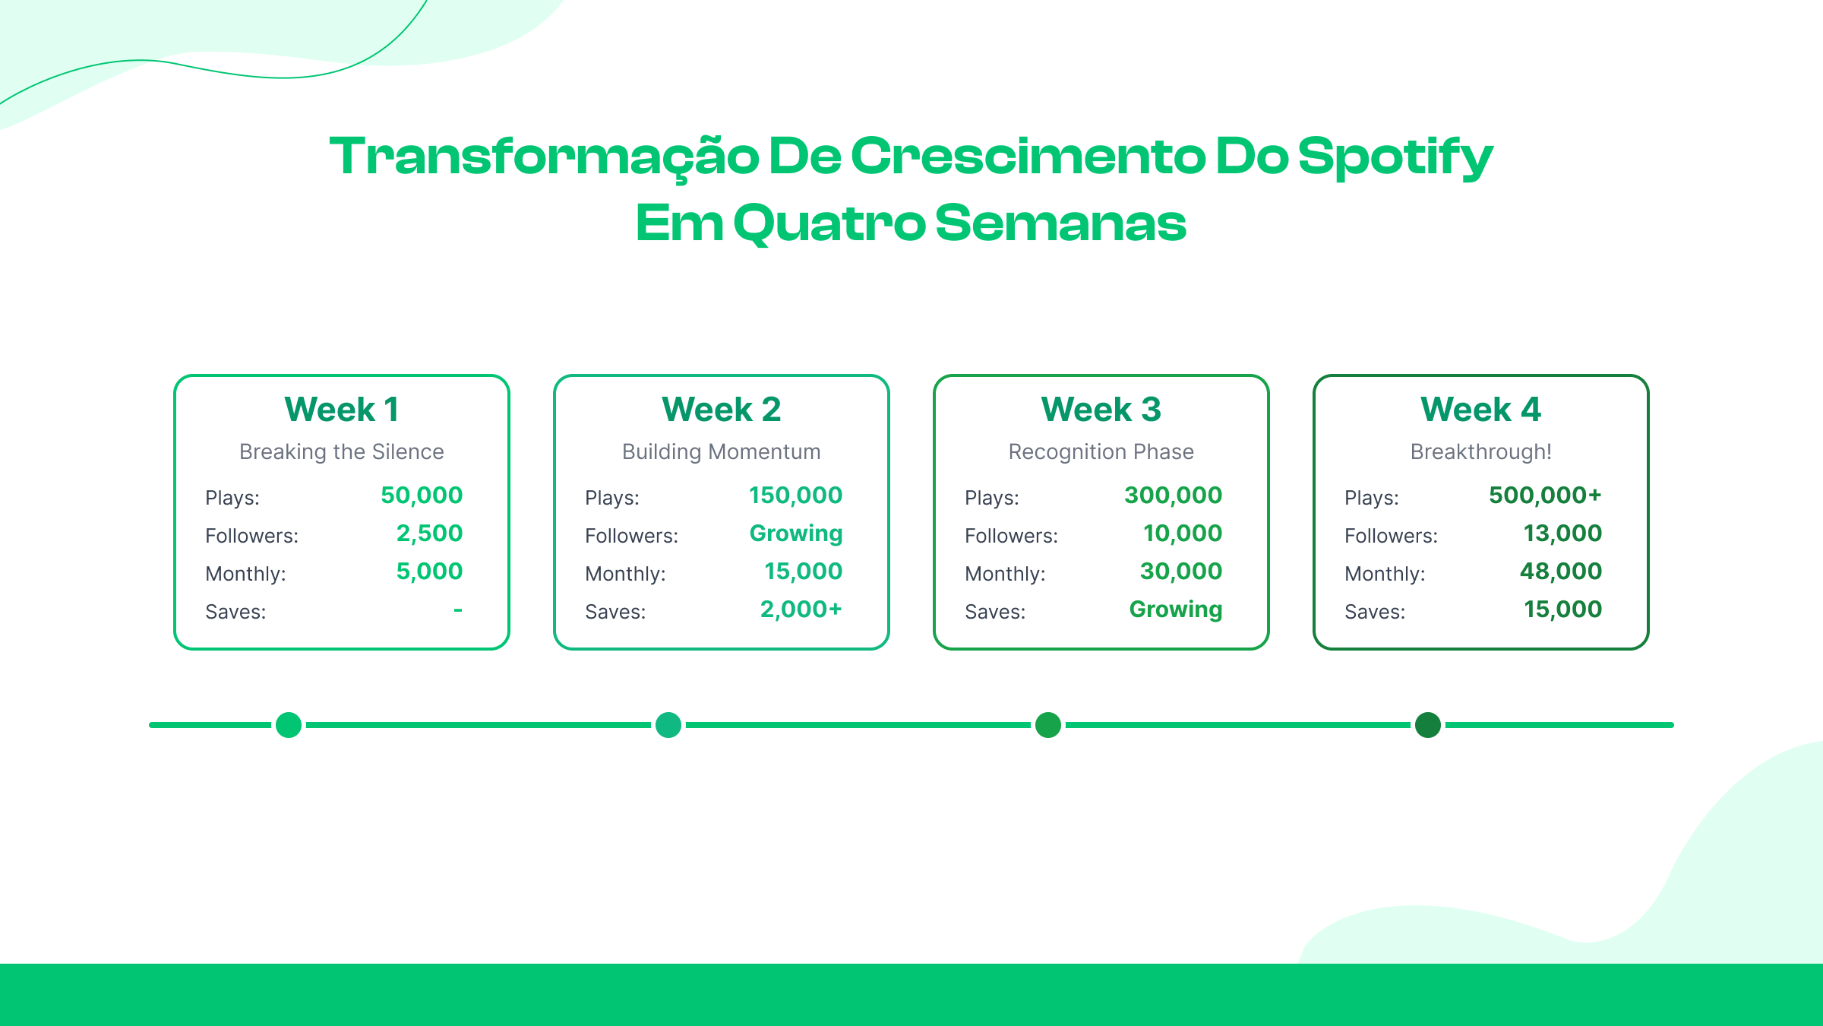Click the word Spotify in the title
1395,157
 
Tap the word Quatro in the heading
829,224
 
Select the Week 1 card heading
341,410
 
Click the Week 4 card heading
1480,410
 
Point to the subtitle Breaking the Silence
341,451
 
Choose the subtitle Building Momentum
721,451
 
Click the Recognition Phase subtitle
1101,451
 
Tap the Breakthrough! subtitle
1480,451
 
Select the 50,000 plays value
422,496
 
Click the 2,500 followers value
429,534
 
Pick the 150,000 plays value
795,496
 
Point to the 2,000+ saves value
801,610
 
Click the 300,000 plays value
1173,496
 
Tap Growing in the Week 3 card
1175,610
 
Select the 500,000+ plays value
1544,496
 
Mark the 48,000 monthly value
1560,572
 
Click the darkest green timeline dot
1428,725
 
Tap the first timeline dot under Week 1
289,725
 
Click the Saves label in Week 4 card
1374,612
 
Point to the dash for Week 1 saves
458,610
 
